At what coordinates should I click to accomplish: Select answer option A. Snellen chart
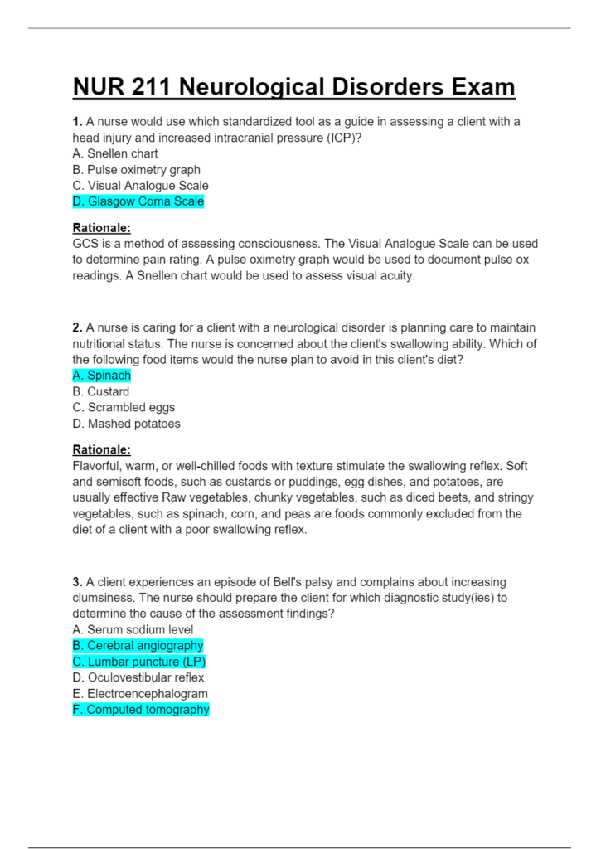pyautogui.click(x=115, y=153)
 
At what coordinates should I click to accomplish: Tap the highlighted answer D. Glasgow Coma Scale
pyautogui.click(x=138, y=201)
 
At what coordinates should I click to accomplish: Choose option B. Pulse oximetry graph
pyautogui.click(x=137, y=170)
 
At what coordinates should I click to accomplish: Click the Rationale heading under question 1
pyautogui.click(x=102, y=228)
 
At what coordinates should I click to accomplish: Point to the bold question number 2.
pyautogui.click(x=77, y=328)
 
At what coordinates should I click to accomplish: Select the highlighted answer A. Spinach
pyautogui.click(x=102, y=376)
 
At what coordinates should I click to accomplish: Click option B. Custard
pyautogui.click(x=101, y=391)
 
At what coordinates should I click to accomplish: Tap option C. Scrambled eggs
pyautogui.click(x=124, y=407)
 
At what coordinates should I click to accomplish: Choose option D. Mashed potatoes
pyautogui.click(x=126, y=424)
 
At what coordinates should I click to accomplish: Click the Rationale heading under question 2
pyautogui.click(x=102, y=450)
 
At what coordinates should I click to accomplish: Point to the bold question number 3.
pyautogui.click(x=77, y=582)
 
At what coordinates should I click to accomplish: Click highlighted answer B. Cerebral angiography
pyautogui.click(x=138, y=646)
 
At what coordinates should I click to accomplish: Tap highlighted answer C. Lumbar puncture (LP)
pyautogui.click(x=139, y=662)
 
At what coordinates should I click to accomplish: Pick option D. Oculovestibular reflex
pyautogui.click(x=138, y=677)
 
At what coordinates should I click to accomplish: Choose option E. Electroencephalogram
pyautogui.click(x=140, y=693)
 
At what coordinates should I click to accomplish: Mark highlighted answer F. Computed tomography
pyautogui.click(x=141, y=710)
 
